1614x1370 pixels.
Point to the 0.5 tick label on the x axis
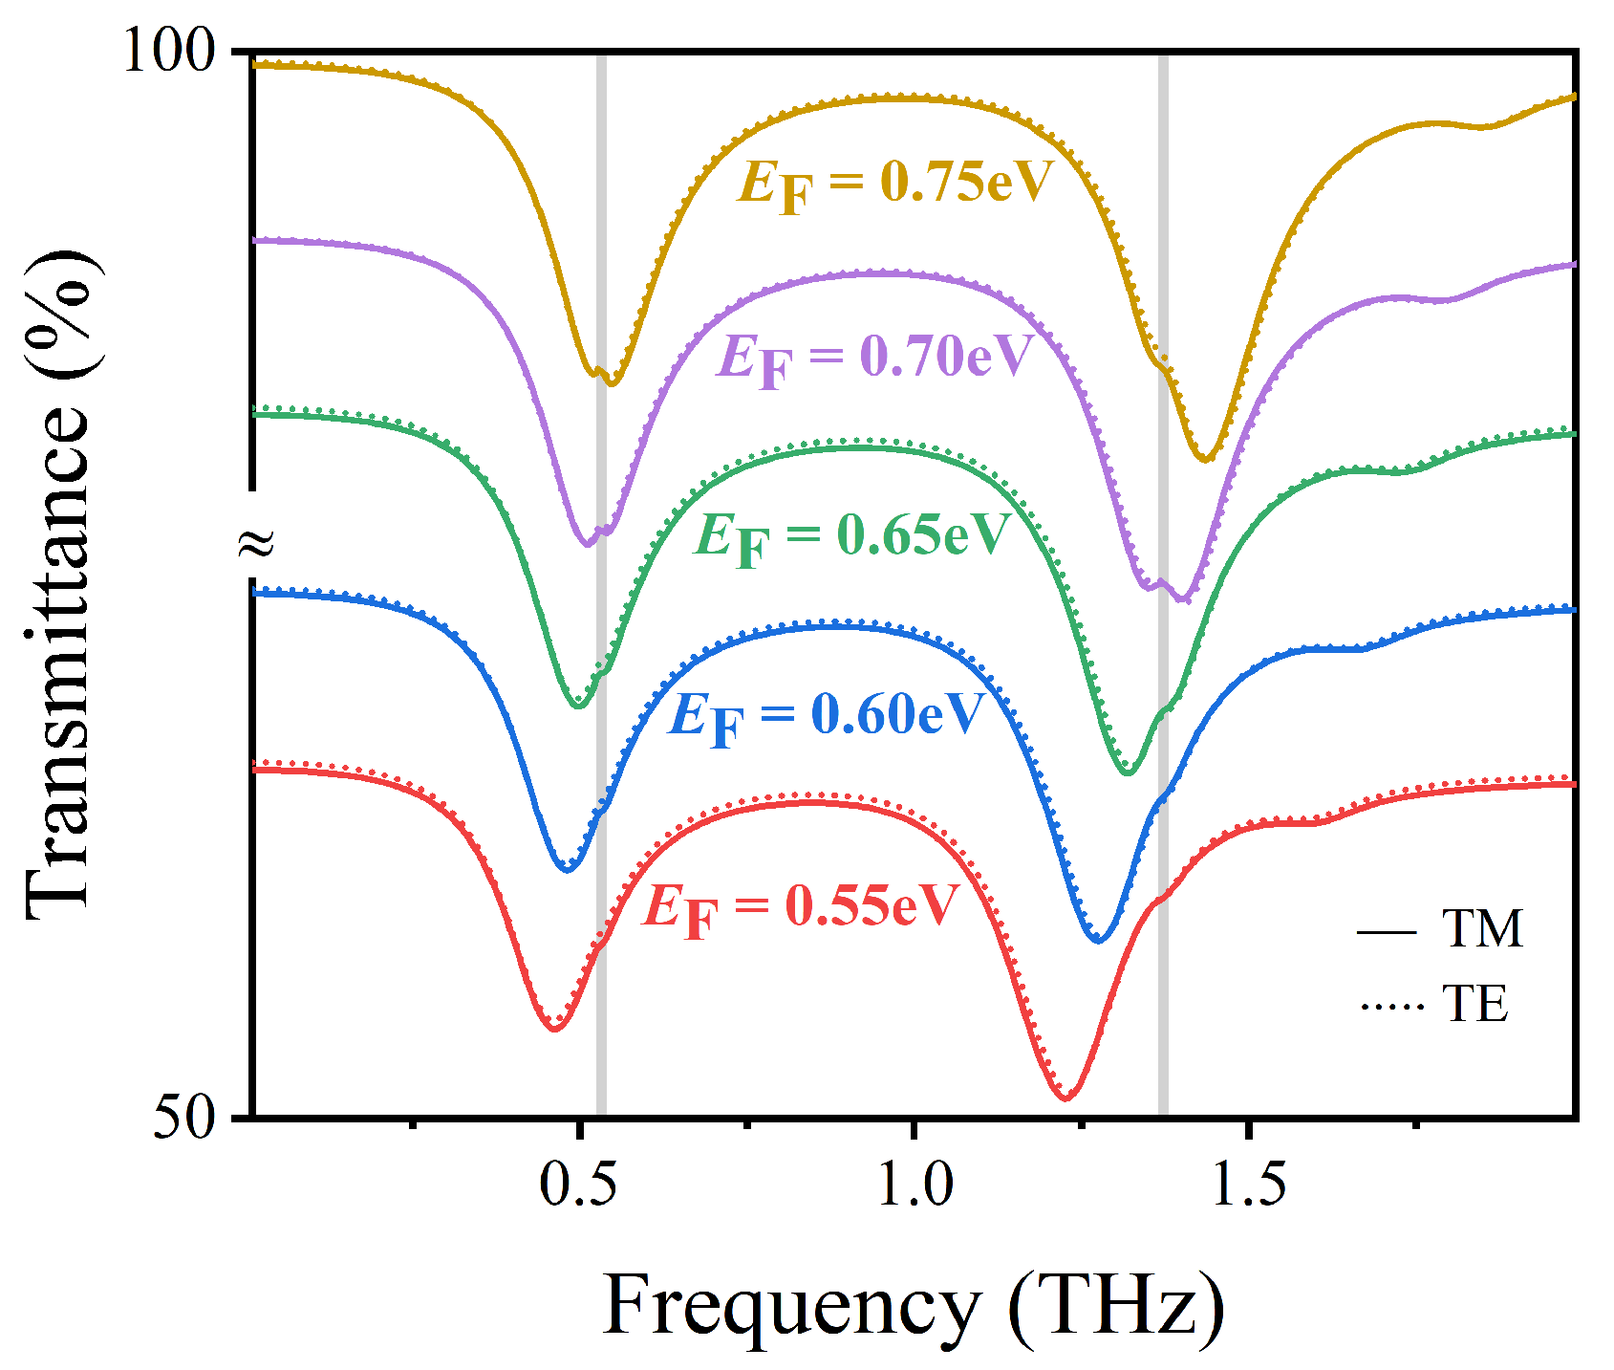point(577,1185)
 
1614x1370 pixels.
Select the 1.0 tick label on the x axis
point(915,1185)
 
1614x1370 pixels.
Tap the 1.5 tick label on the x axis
point(1248,1185)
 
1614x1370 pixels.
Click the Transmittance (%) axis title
point(59,583)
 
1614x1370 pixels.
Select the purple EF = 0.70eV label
point(874,359)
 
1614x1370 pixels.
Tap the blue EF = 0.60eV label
point(826,716)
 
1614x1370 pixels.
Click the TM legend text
point(1481,929)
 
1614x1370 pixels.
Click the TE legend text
point(1475,1004)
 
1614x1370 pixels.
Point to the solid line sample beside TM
point(1387,930)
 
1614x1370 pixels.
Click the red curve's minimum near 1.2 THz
point(1067,1098)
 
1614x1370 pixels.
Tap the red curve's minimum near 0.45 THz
point(554,1028)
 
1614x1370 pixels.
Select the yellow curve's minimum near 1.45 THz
point(1206,460)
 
